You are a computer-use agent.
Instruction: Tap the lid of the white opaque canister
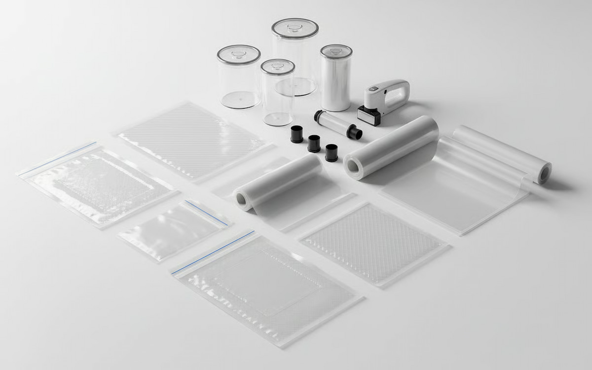[336, 50]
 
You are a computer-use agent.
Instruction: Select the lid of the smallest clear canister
[278, 66]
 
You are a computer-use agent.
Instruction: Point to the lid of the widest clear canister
[239, 53]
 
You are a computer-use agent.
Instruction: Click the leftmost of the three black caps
[296, 134]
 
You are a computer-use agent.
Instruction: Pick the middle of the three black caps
[314, 143]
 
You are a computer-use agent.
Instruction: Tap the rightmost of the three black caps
[332, 152]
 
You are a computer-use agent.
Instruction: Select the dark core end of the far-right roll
[545, 173]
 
